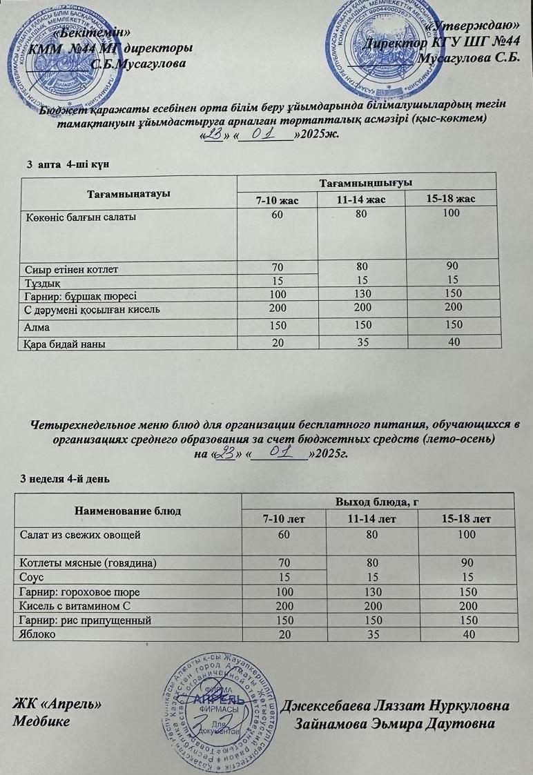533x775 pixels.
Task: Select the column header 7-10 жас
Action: tap(276, 200)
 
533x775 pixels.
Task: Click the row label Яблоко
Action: tap(39, 634)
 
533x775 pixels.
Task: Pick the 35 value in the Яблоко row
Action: tap(361, 634)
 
